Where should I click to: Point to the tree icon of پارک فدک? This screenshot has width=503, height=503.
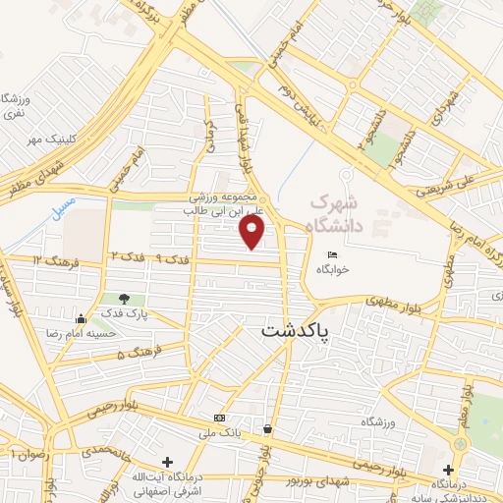[x=124, y=299]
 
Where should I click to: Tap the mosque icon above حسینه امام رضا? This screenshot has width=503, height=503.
[x=81, y=318]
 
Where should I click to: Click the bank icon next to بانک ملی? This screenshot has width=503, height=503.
[x=218, y=418]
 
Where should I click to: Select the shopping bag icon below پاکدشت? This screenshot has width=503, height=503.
[x=267, y=428]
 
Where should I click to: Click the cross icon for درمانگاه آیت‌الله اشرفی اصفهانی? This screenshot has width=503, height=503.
[x=167, y=461]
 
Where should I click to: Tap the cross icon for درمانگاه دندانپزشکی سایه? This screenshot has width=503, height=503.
[x=449, y=469]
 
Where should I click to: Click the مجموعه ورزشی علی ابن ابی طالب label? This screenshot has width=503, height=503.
[x=232, y=202]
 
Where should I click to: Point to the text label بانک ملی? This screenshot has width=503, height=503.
[x=221, y=432]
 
